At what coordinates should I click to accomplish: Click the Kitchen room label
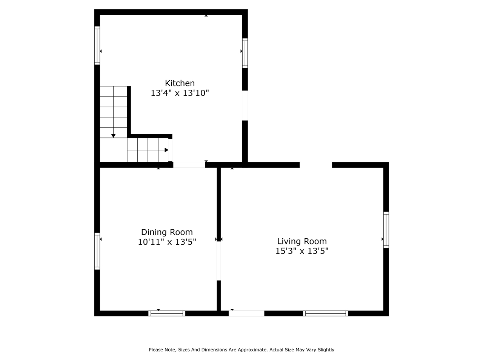[180, 83]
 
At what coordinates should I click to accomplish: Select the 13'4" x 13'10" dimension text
[180, 93]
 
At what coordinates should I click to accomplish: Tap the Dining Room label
[167, 232]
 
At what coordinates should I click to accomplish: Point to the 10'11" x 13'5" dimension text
[167, 242]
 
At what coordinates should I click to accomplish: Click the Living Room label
[302, 241]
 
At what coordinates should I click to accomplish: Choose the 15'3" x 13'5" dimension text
[302, 251]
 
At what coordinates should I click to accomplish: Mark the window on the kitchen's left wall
[97, 46]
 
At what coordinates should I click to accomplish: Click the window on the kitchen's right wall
[245, 53]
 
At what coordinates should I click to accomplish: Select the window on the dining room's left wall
[97, 251]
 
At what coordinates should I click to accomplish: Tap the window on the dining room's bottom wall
[167, 313]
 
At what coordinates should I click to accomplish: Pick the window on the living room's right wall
[386, 230]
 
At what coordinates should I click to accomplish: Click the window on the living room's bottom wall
[325, 313]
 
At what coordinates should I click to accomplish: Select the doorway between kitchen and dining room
[189, 165]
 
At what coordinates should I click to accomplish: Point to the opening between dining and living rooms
[219, 261]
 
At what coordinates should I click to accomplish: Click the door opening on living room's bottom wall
[246, 313]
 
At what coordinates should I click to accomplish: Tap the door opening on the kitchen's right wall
[245, 106]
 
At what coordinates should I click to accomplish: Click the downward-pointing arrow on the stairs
[113, 135]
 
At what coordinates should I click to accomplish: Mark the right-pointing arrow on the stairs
[166, 150]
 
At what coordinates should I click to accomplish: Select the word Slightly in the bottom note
[325, 350]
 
